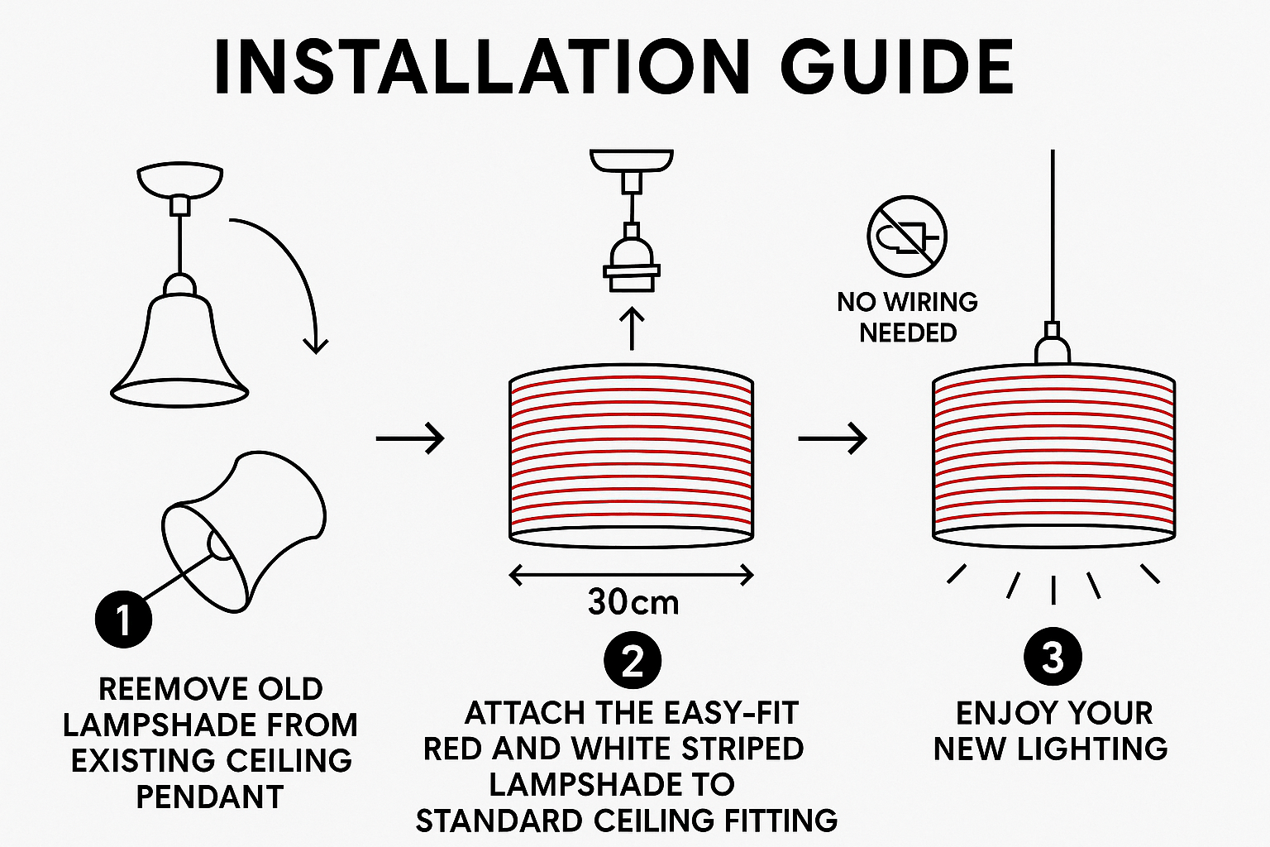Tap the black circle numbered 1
123,619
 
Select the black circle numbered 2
633,660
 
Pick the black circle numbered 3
1053,657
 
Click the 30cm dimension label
633,602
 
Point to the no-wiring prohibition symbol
907,236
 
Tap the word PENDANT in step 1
210,797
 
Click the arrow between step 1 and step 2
410,438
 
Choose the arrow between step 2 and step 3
833,438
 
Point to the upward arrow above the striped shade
632,329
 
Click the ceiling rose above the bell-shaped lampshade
179,180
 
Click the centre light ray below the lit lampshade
1053,590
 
